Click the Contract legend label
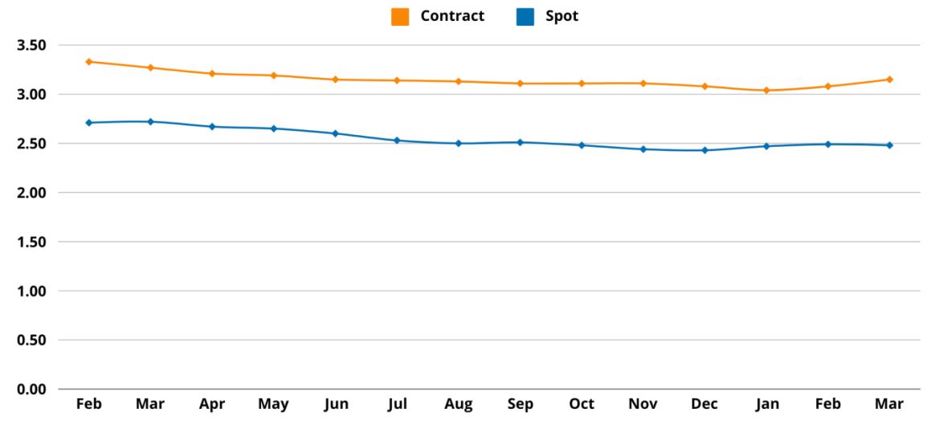click(452, 16)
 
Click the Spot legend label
click(562, 16)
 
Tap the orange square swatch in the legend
click(400, 17)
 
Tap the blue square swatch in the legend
click(525, 17)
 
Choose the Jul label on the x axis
click(397, 404)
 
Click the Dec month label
click(704, 404)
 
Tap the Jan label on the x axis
click(766, 404)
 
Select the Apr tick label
click(212, 404)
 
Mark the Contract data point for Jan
click(766, 91)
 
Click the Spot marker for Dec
click(704, 150)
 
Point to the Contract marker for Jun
click(335, 80)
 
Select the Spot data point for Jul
click(397, 141)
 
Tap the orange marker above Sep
click(520, 84)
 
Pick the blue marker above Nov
click(643, 149)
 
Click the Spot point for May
click(273, 129)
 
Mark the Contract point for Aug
click(459, 81)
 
